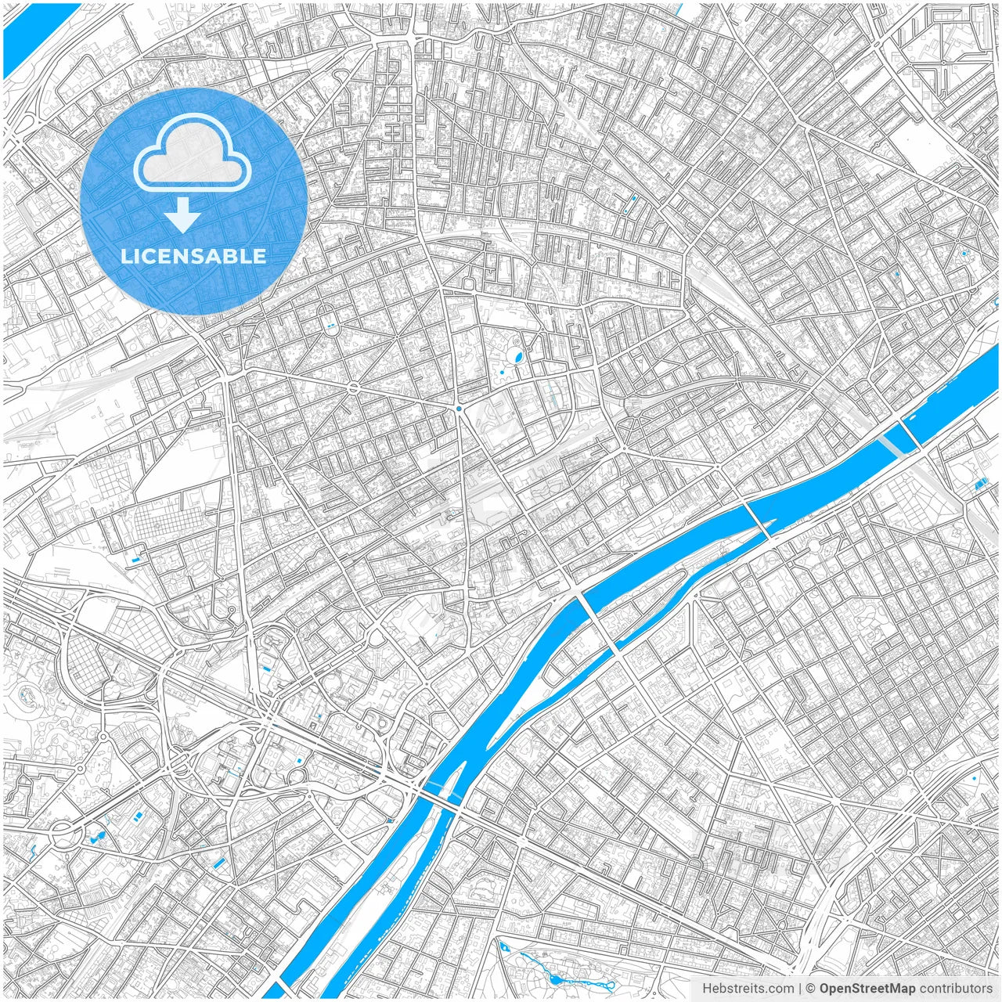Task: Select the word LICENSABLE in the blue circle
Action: [193, 256]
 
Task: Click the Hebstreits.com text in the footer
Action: [748, 989]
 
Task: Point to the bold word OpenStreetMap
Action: [867, 989]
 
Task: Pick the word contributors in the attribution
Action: [956, 989]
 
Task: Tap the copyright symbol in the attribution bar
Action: [811, 989]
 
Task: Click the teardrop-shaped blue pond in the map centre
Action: [517, 359]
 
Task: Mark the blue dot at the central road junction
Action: [459, 408]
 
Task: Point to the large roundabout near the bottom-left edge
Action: [62, 833]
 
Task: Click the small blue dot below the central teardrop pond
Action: [502, 374]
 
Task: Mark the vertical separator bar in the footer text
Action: [798, 989]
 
